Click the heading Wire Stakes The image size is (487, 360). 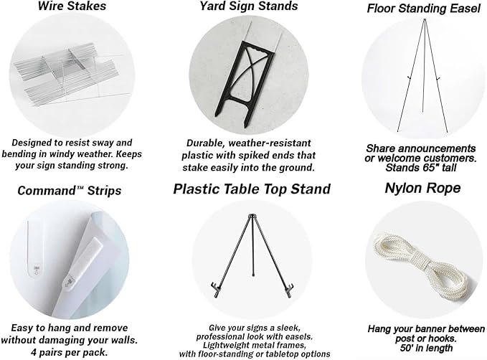(72, 6)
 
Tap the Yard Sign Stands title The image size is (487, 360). (248, 6)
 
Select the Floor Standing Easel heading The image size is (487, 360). (424, 9)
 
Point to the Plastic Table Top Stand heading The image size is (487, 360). (252, 189)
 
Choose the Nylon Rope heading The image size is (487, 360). (422, 188)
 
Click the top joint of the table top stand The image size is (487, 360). (252, 216)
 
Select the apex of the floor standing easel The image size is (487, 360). (425, 21)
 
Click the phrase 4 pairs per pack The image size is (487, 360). (70, 353)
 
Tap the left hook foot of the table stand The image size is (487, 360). (216, 289)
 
